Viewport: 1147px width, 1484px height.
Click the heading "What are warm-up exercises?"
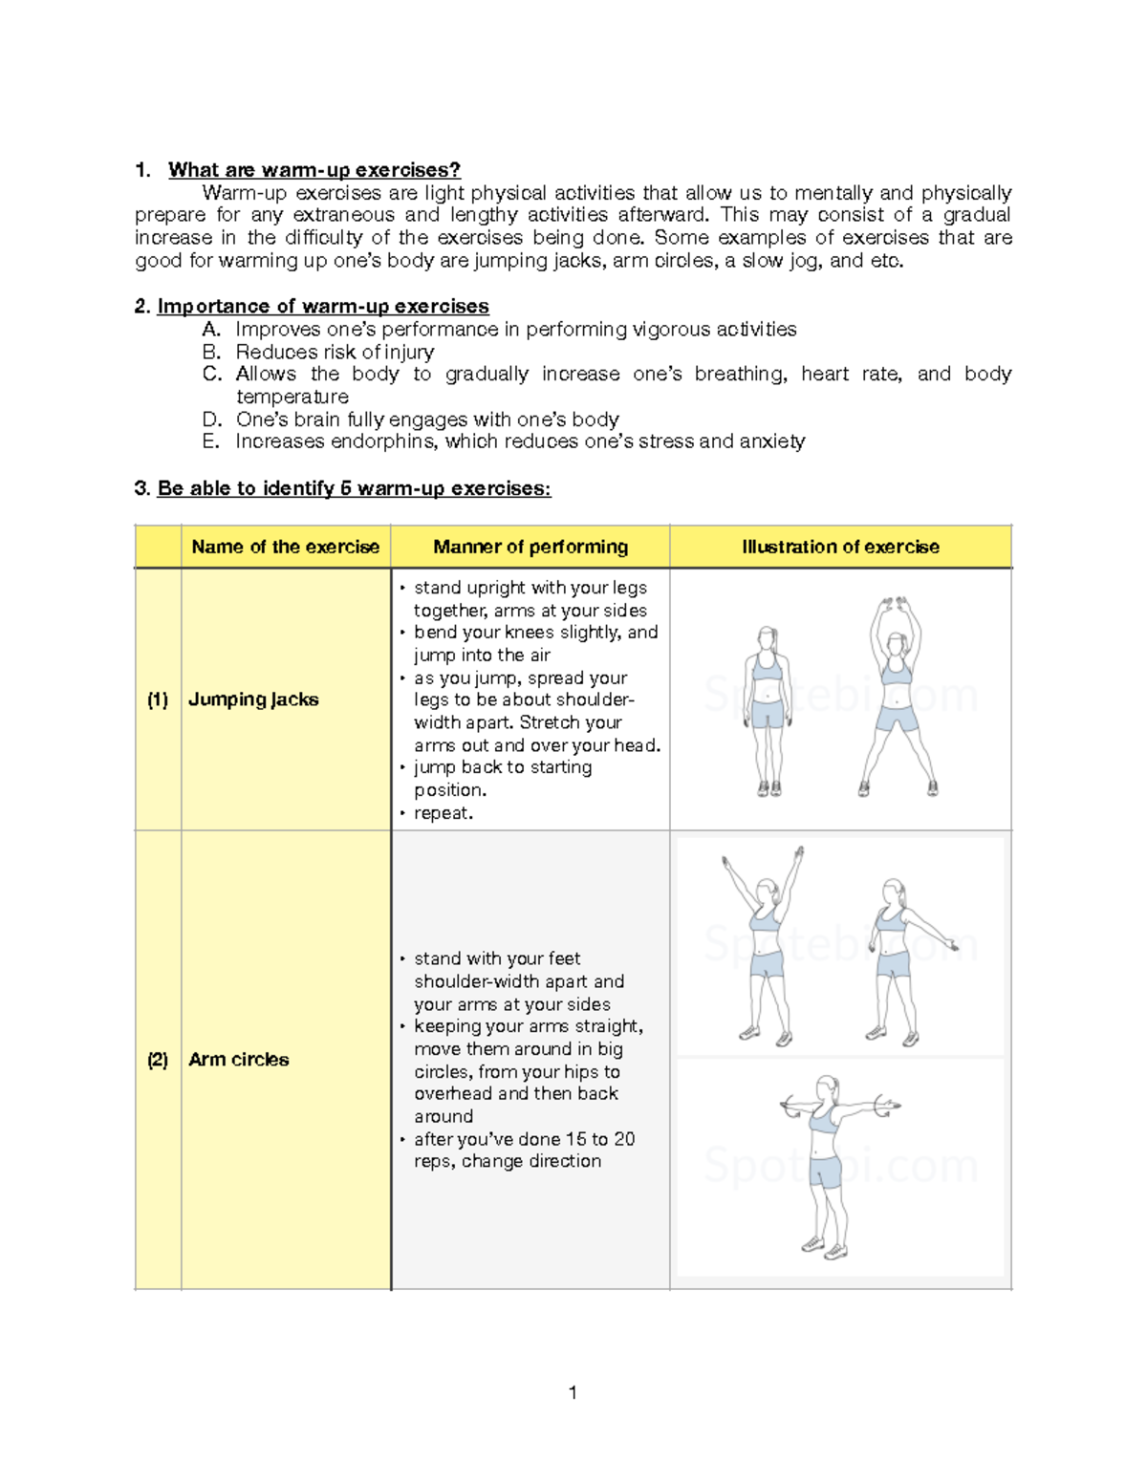314,170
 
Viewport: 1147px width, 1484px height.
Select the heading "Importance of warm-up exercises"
322,306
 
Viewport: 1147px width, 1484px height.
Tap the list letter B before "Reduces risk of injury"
211,352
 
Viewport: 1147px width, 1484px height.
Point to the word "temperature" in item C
292,397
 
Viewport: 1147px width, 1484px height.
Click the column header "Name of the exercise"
285,547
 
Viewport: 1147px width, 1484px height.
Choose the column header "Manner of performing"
530,547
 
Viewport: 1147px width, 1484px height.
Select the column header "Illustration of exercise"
840,547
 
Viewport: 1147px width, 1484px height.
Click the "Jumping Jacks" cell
253,699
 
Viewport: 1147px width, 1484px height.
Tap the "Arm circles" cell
238,1060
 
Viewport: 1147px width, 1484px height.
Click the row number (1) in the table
158,699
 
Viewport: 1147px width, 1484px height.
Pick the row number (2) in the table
158,1060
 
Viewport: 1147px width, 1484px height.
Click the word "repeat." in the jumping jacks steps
444,813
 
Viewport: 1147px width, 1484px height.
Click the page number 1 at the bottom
573,1392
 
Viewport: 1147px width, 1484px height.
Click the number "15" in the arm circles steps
575,1139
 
